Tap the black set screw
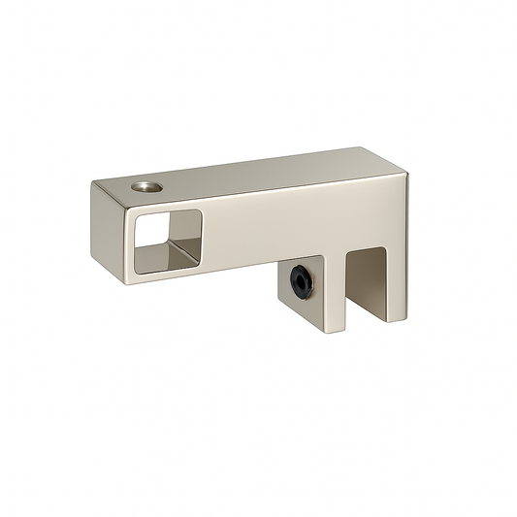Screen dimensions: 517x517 pos(301,279)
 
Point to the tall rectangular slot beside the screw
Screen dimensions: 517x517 pos(367,281)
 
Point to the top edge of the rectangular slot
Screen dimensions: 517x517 pos(367,248)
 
